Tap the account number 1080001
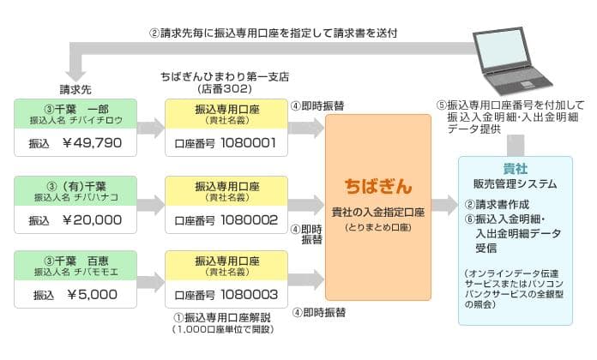(x=249, y=143)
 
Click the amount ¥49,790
(x=93, y=143)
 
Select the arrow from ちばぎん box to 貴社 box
(x=445, y=205)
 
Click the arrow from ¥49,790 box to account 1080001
(x=151, y=129)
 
